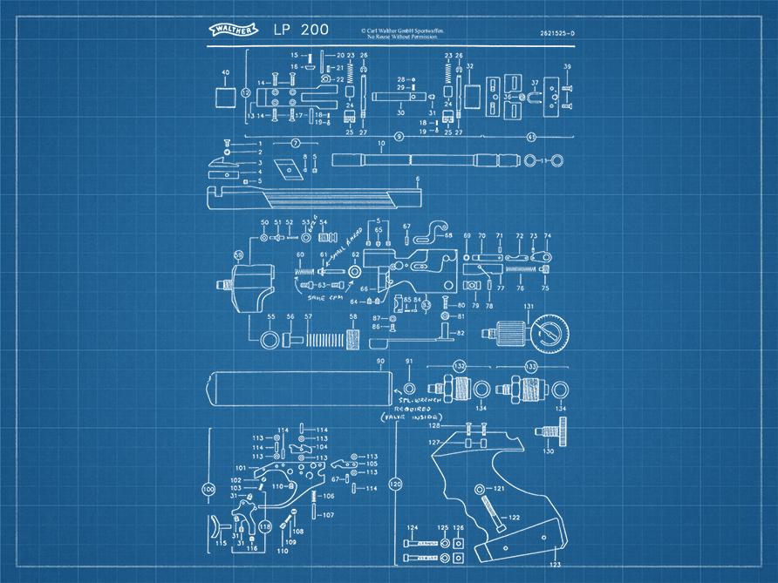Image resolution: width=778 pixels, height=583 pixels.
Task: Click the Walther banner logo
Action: pyautogui.click(x=233, y=31)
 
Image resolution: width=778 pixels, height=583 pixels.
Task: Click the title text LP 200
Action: pyautogui.click(x=302, y=30)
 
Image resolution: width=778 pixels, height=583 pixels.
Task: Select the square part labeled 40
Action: pyautogui.click(x=225, y=94)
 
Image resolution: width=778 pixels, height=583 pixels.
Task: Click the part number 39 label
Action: pyautogui.click(x=567, y=67)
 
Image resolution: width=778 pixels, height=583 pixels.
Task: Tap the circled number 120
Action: pyautogui.click(x=396, y=484)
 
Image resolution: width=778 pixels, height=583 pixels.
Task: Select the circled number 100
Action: pyautogui.click(x=208, y=489)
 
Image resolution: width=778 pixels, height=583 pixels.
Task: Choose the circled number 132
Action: pyautogui.click(x=460, y=369)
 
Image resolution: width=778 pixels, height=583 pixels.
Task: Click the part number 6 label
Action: pyautogui.click(x=418, y=180)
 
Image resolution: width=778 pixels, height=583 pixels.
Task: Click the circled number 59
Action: pyautogui.click(x=239, y=254)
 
